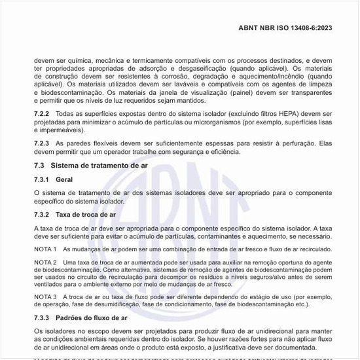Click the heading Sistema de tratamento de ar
point(99,166)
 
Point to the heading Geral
point(64,179)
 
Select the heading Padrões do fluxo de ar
point(91,317)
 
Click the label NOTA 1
point(45,249)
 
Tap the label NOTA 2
point(45,262)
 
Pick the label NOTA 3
point(45,297)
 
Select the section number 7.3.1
point(43,179)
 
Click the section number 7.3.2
point(43,215)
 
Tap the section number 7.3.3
point(43,317)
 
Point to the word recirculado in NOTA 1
point(308,249)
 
